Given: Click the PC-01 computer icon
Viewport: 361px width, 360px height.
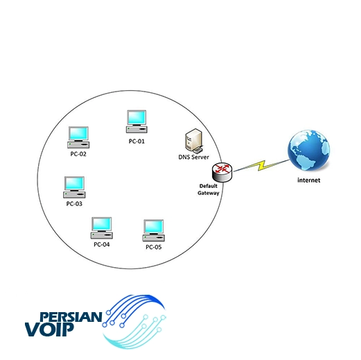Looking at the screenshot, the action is click(x=137, y=121).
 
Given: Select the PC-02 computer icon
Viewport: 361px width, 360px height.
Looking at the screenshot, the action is click(x=78, y=137).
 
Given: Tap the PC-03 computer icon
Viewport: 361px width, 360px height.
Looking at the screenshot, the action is click(x=74, y=187).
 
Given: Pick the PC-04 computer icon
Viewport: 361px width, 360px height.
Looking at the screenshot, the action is click(x=102, y=228).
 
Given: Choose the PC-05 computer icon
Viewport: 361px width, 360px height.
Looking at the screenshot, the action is click(x=154, y=230).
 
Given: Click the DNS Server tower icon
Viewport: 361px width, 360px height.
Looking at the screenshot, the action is click(x=194, y=141).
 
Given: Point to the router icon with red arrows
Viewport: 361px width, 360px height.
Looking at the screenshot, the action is click(x=222, y=172).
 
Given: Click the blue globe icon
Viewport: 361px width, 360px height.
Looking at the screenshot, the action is click(x=308, y=151).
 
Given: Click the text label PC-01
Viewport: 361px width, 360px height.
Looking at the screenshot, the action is click(x=137, y=142).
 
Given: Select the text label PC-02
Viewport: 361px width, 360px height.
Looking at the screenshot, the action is click(x=78, y=154).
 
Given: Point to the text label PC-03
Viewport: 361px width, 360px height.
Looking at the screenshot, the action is click(x=74, y=204).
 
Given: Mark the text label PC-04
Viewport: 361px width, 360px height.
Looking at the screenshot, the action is click(x=102, y=244).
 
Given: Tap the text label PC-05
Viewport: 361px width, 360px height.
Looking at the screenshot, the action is click(x=154, y=247).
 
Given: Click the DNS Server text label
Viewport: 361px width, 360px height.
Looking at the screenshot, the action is click(x=193, y=157).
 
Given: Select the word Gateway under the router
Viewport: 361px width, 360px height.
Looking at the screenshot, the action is click(x=209, y=193).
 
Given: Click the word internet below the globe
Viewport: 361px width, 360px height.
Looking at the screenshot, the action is click(x=309, y=180).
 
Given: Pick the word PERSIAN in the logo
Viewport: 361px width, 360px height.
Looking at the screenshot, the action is click(x=71, y=317).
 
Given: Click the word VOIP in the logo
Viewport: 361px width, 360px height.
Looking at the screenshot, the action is click(x=49, y=329).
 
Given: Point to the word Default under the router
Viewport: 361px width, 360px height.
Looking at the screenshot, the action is click(x=209, y=186).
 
